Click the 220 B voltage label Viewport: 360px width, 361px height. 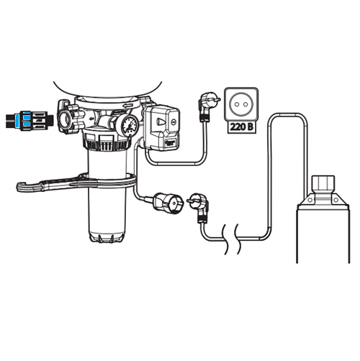241,127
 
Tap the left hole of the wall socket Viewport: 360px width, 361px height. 237,104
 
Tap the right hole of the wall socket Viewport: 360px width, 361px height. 246,104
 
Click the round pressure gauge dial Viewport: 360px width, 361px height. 130,124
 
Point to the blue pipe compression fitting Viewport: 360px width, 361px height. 27,121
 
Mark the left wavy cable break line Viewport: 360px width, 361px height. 225,239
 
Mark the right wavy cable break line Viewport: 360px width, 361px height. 237,239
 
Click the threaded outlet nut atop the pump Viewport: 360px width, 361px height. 323,184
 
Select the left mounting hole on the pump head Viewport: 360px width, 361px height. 310,200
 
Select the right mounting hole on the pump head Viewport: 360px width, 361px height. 336,200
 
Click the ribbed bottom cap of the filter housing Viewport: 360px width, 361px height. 107,237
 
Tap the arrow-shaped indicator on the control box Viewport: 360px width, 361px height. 161,123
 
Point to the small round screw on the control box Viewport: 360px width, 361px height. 174,122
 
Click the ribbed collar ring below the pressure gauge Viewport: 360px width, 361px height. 107,145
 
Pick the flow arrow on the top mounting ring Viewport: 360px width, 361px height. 127,106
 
